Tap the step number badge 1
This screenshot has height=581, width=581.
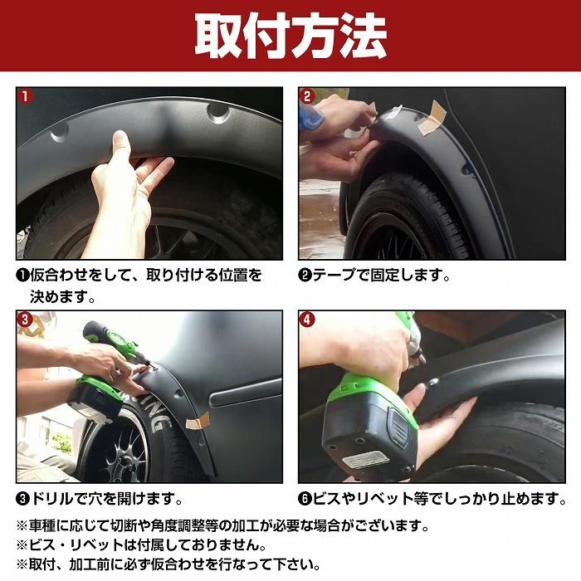pos(25,96)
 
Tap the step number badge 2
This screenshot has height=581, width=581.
pos(307,96)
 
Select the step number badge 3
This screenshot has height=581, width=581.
pos(25,319)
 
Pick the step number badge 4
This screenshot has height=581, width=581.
pos(307,319)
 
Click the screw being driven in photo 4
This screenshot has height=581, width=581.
pos(432,380)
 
